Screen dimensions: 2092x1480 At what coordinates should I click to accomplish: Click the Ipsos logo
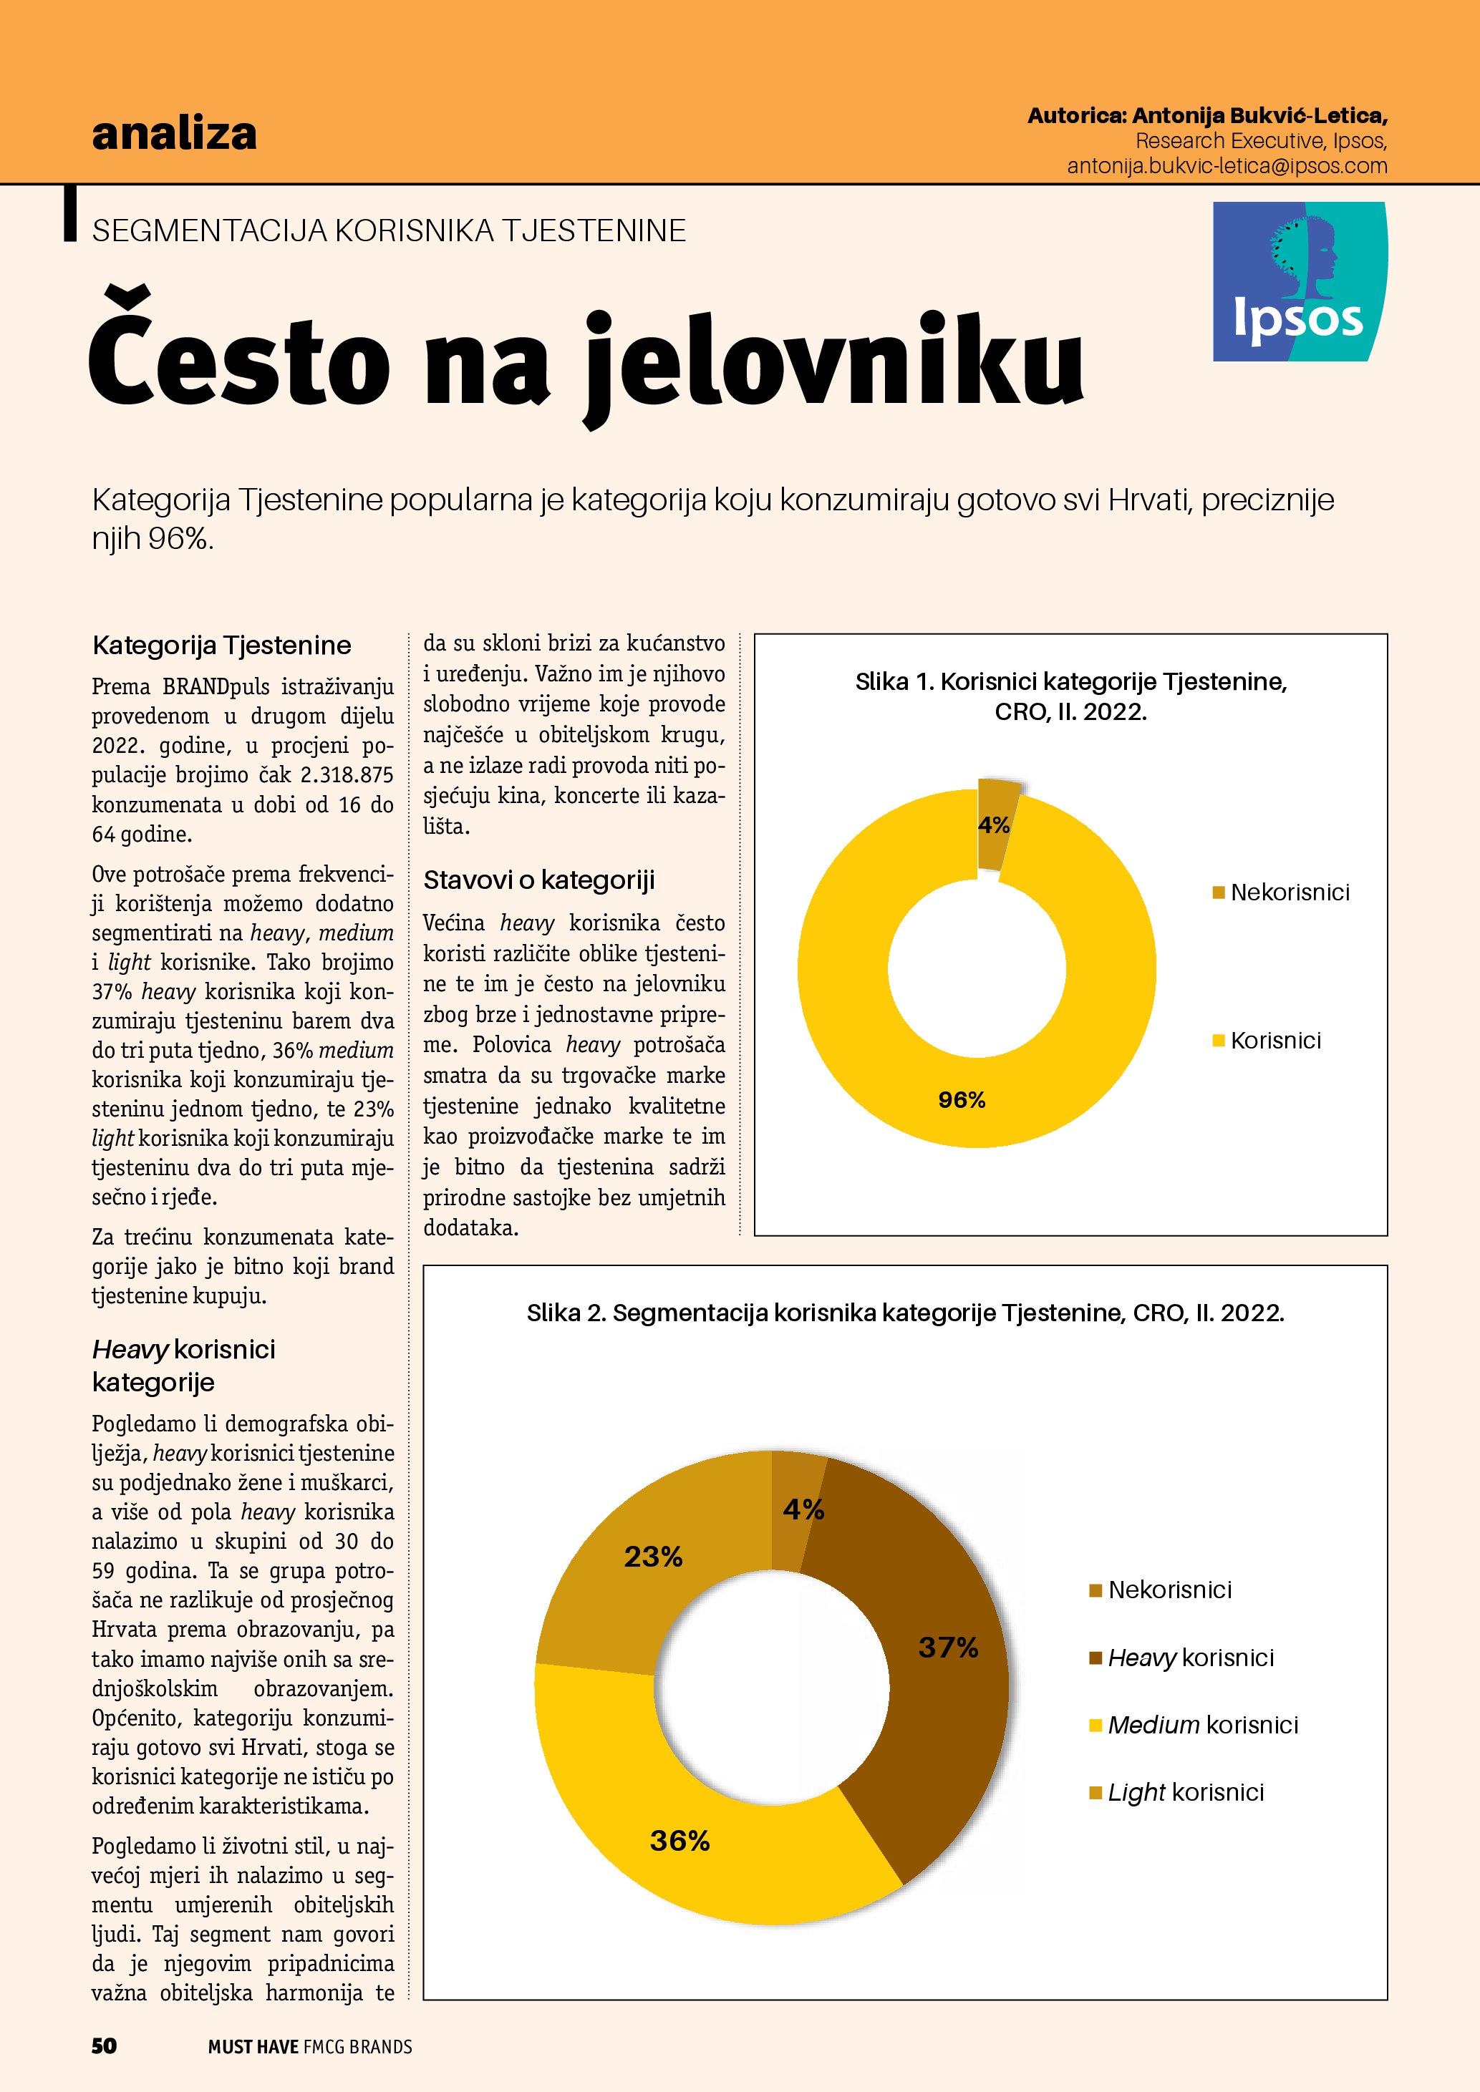1300,281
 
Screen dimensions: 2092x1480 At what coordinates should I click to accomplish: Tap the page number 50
104,2045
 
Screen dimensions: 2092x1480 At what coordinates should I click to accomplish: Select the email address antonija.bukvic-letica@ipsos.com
1227,166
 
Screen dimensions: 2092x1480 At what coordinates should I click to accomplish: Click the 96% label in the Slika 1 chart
962,1100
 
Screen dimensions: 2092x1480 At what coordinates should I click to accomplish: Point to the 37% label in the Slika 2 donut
948,1648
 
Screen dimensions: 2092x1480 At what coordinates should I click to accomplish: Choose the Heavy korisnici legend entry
1190,1658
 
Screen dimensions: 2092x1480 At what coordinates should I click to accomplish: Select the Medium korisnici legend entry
1202,1725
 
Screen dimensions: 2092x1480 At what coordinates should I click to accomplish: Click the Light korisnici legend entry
1185,1792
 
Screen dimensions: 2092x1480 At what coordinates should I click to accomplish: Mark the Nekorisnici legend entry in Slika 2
1169,1590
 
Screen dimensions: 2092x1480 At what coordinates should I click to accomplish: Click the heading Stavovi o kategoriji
538,880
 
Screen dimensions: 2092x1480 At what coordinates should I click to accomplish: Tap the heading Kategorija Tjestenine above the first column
221,645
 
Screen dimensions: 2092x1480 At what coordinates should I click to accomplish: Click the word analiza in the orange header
174,133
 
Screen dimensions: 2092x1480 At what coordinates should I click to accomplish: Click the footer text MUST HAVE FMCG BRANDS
310,2046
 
